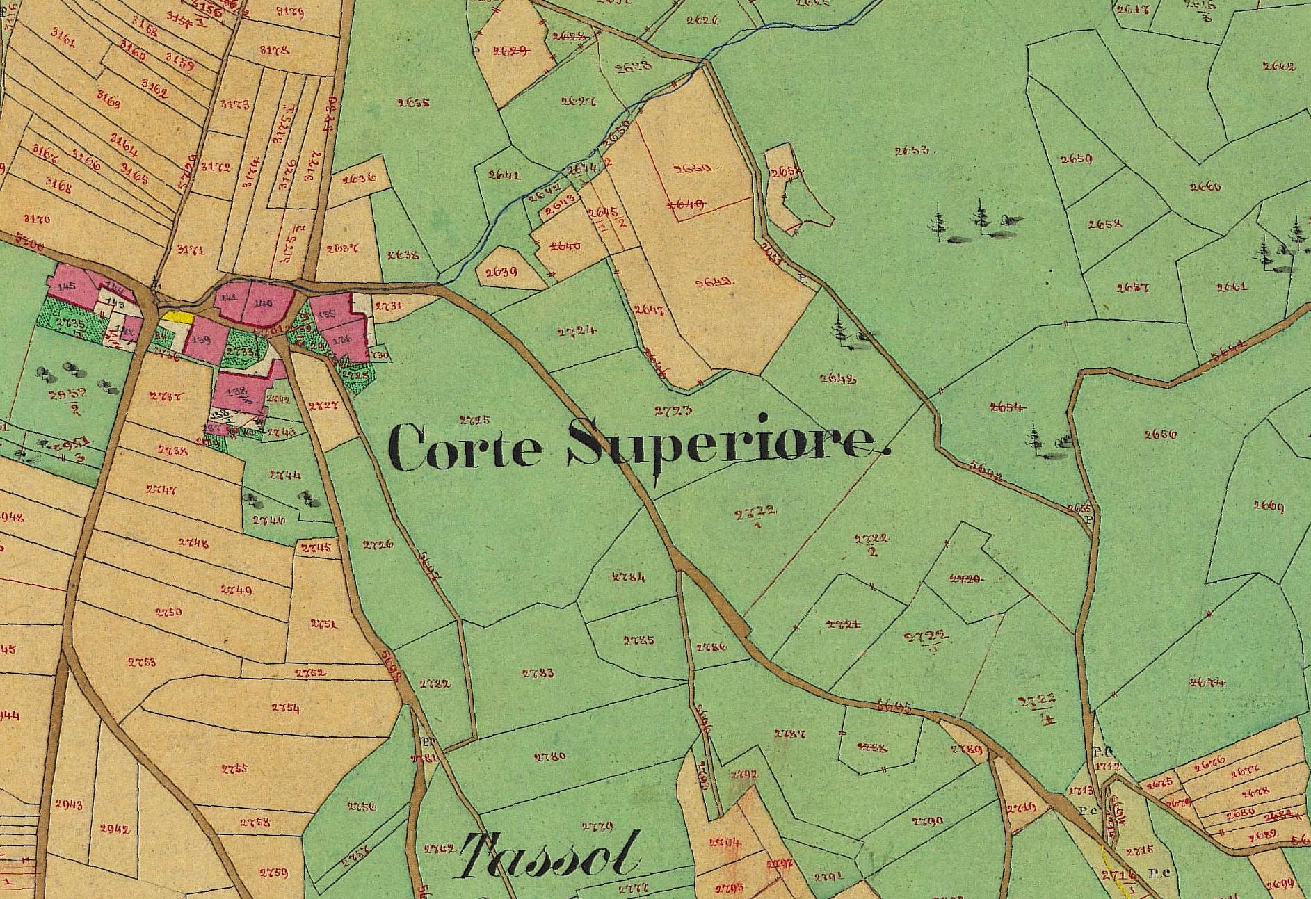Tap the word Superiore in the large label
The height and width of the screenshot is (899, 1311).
(727, 444)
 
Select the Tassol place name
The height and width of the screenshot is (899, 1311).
(549, 855)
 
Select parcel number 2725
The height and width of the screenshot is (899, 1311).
(475, 420)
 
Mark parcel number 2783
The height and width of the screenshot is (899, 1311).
(538, 672)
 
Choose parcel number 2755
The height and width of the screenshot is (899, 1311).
(234, 768)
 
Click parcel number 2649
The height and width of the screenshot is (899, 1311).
(713, 282)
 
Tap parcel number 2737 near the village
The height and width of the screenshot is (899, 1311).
(166, 396)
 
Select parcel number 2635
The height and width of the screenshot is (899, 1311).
(413, 103)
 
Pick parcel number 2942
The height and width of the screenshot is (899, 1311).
(114, 828)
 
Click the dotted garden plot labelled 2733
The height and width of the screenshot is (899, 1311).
(240, 352)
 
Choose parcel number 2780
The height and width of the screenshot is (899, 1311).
(549, 756)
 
